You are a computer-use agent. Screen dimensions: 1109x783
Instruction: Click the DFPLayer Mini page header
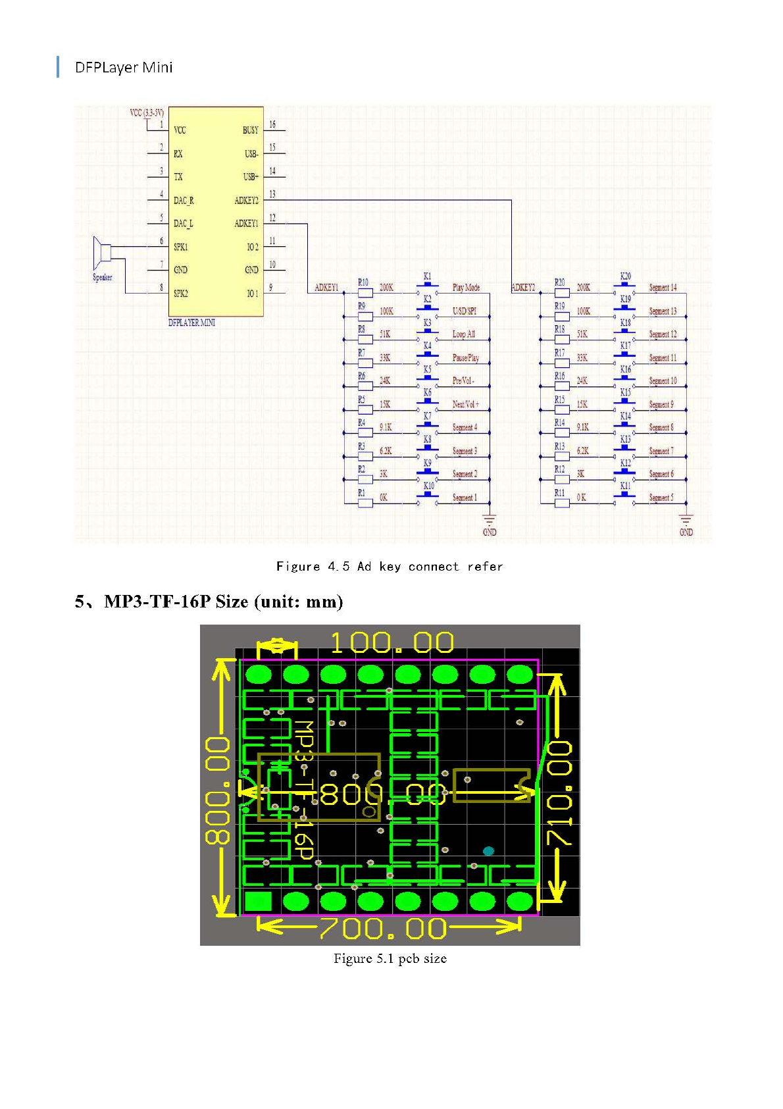tap(124, 67)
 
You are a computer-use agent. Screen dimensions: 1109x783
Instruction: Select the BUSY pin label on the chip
tap(250, 130)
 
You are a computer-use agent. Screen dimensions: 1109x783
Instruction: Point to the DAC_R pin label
tap(184, 200)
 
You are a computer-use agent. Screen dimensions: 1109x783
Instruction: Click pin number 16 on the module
tap(272, 124)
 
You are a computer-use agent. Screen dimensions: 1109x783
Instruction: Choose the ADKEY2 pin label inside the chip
tap(247, 200)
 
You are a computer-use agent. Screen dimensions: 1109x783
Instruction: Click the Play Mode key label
tap(466, 288)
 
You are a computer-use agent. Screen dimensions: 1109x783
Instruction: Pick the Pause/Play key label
tap(465, 358)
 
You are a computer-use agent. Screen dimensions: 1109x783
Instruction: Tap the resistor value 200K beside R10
tap(386, 288)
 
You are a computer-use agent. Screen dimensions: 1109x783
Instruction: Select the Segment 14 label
tap(663, 288)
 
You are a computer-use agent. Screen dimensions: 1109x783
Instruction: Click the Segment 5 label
tap(661, 498)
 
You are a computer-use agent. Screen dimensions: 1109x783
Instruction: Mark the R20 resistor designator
tap(559, 282)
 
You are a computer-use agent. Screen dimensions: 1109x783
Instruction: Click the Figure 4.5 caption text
tap(390, 567)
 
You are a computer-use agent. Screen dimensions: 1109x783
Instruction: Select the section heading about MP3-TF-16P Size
tap(209, 602)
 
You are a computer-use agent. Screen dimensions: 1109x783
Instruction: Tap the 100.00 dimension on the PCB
tap(392, 643)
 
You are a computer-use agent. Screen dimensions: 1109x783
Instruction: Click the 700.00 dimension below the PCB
tap(383, 929)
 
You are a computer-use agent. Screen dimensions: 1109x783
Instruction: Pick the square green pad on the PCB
tap(258, 902)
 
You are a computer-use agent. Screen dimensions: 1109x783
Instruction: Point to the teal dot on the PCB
tap(488, 851)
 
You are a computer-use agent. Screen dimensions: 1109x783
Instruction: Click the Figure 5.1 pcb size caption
tap(390, 958)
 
